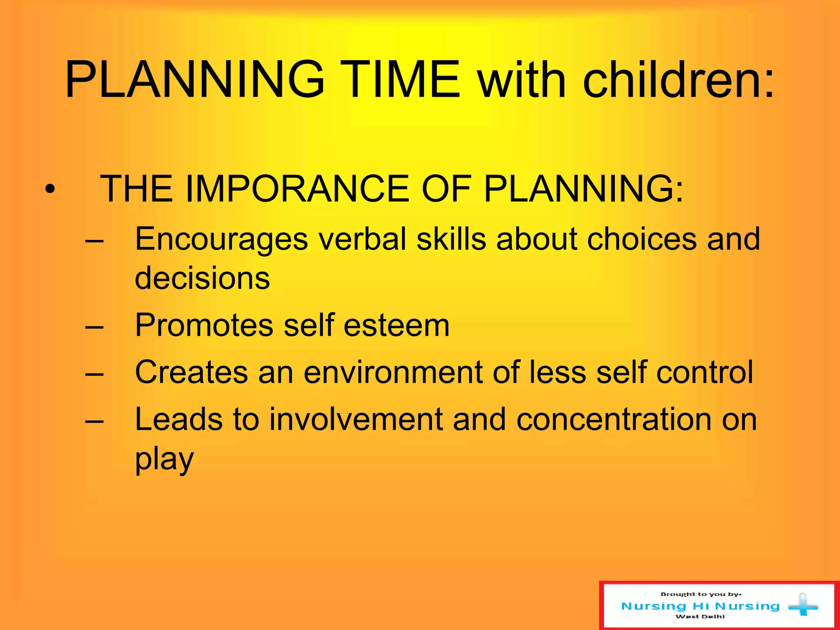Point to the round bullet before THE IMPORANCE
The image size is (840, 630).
50,189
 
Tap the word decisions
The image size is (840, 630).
202,278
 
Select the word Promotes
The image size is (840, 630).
204,325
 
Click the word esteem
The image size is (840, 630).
397,325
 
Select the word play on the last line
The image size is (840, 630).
164,459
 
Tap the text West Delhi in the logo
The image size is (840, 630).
700,616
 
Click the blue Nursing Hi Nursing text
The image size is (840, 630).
700,606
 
